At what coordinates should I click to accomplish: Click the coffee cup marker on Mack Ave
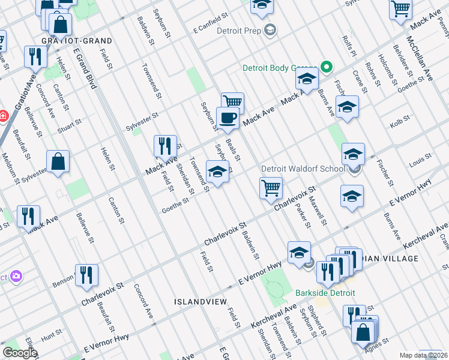(x=228, y=118)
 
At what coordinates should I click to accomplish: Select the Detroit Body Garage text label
(x=279, y=68)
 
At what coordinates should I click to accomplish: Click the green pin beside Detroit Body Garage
(x=327, y=67)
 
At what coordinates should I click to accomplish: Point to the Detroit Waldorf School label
(x=303, y=170)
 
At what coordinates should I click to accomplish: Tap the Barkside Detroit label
(x=325, y=293)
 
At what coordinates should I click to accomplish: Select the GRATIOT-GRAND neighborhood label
(x=77, y=40)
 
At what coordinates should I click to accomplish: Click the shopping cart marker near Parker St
(x=271, y=188)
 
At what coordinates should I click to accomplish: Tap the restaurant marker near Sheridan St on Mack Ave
(x=165, y=146)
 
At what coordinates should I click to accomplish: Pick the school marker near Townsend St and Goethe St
(x=217, y=172)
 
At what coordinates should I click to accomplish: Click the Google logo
(x=20, y=353)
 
